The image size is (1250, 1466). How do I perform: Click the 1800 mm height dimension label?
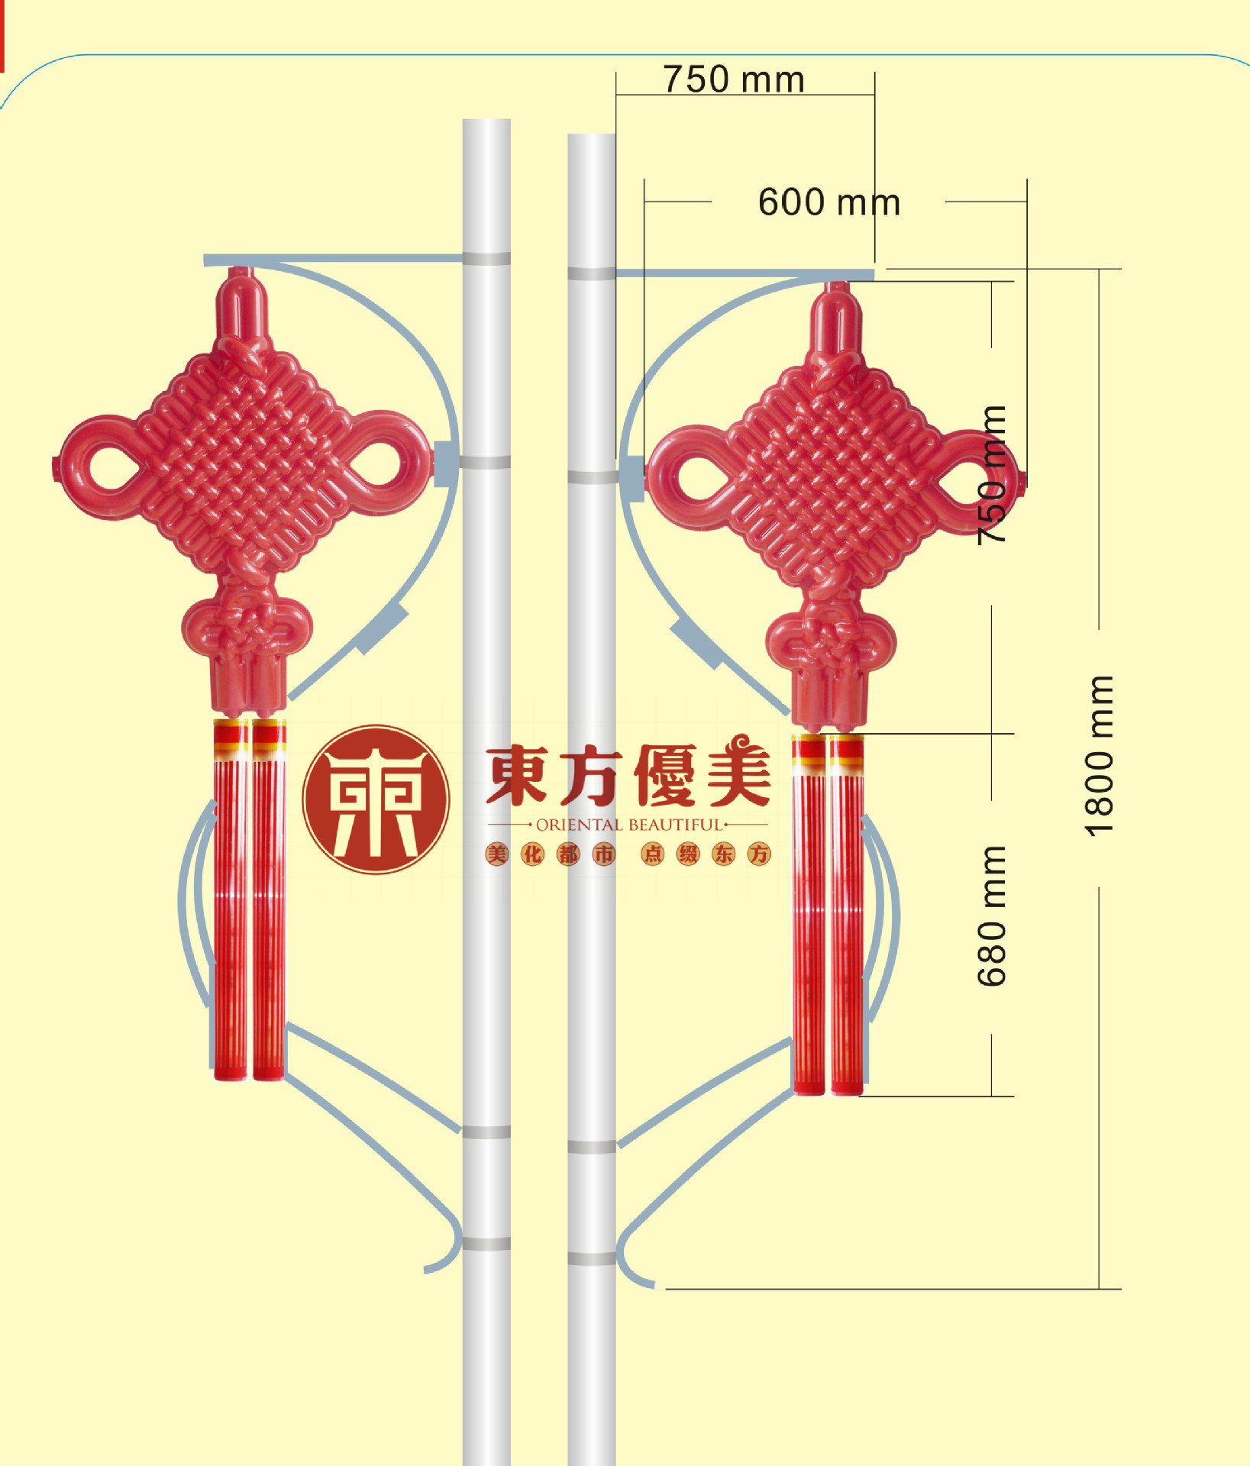point(1100,756)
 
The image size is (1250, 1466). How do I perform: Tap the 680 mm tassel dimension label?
point(992,915)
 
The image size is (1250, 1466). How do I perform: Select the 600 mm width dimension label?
point(829,202)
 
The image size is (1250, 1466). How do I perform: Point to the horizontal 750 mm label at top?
point(734,79)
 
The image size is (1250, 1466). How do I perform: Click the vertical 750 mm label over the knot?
point(992,475)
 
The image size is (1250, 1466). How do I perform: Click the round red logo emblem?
point(376,799)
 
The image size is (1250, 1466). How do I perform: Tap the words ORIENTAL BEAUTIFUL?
point(628,825)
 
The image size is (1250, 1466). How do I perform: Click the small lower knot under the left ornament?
point(247,626)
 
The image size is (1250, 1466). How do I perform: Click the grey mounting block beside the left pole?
point(446,463)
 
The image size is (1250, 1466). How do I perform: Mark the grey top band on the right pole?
point(592,273)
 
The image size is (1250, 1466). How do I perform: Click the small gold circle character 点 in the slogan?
point(653,854)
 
